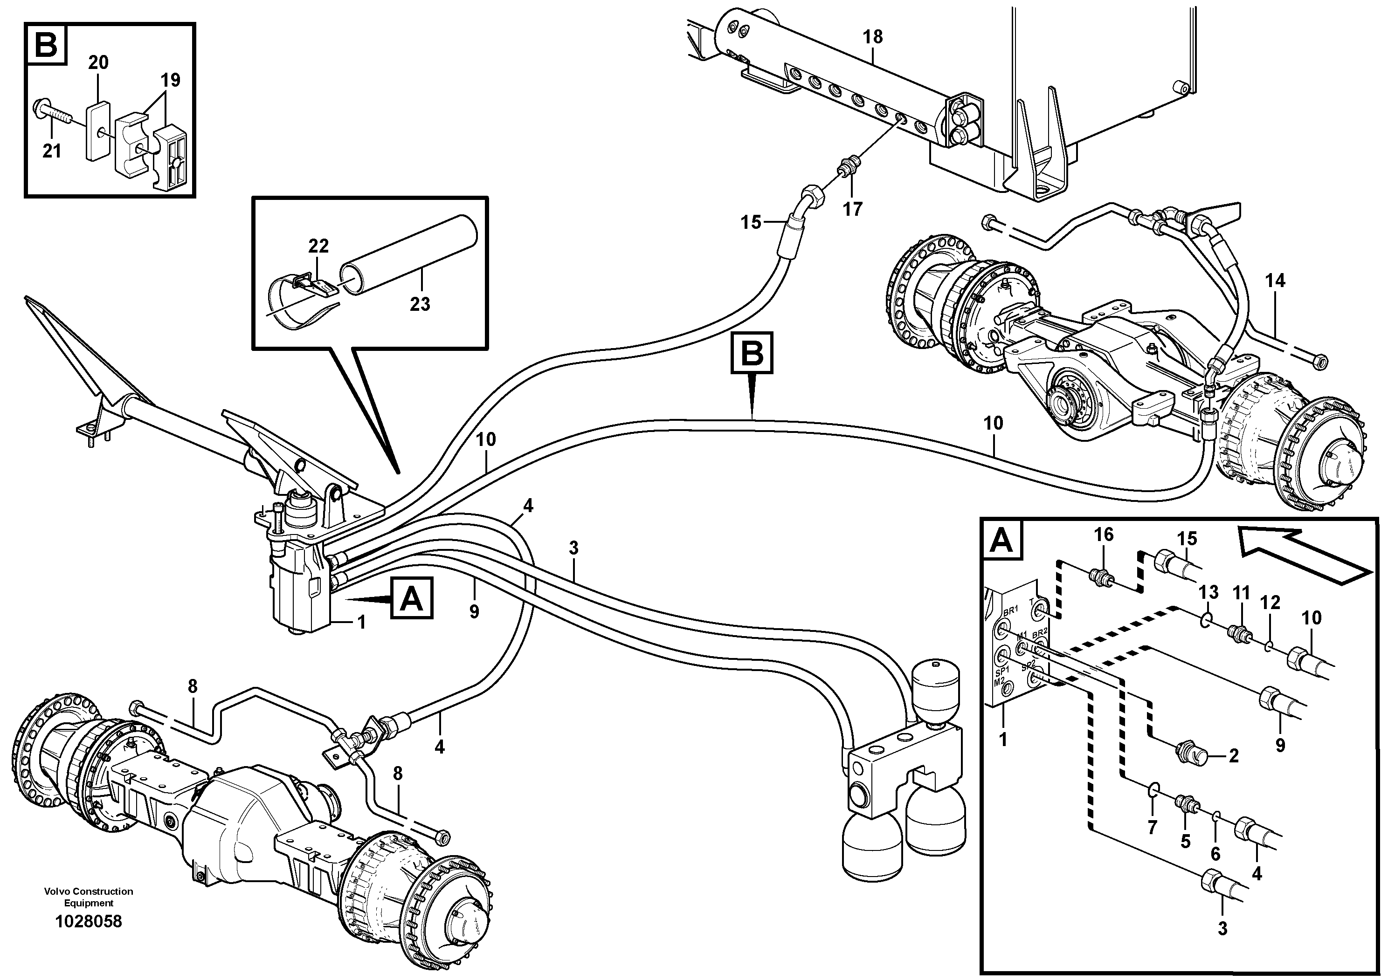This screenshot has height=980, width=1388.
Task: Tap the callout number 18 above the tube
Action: (872, 37)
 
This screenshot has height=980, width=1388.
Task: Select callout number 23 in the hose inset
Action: (420, 304)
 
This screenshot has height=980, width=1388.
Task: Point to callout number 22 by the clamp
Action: (318, 246)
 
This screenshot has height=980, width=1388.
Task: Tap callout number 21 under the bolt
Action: (52, 151)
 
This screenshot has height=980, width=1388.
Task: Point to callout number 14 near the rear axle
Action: (1276, 281)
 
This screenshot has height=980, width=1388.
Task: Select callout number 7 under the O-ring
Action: (1152, 827)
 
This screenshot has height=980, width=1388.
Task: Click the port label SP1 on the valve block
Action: (1003, 671)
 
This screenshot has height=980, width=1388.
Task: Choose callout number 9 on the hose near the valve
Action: (474, 612)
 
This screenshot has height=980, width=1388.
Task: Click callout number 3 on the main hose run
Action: (573, 548)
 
